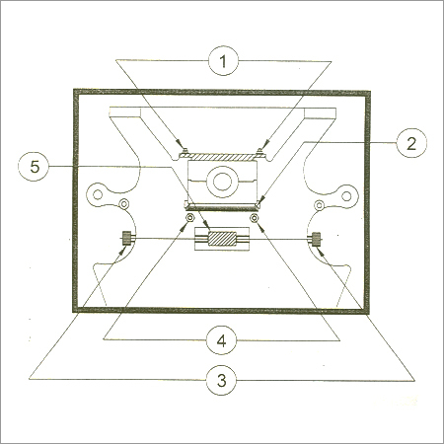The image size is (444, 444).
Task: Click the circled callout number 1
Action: pyautogui.click(x=223, y=61)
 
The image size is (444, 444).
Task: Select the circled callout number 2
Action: pyautogui.click(x=411, y=143)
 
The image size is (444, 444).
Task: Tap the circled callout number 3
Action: pyautogui.click(x=222, y=380)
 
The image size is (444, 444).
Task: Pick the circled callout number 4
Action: pyautogui.click(x=222, y=340)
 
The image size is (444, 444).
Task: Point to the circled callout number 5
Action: pyautogui.click(x=35, y=167)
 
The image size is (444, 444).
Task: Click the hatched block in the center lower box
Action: pyautogui.click(x=222, y=239)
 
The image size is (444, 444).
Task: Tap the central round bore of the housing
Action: pyautogui.click(x=222, y=182)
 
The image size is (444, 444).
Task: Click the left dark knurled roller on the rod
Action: pyautogui.click(x=126, y=238)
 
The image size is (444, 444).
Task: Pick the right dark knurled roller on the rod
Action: pyautogui.click(x=316, y=239)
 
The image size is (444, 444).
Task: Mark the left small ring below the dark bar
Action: pyautogui.click(x=189, y=217)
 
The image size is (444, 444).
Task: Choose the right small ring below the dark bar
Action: pyautogui.click(x=255, y=217)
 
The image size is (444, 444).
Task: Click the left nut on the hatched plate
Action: pyautogui.click(x=185, y=152)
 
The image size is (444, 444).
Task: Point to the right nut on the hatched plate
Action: pyautogui.click(x=260, y=152)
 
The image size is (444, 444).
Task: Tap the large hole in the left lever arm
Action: pyautogui.click(x=98, y=195)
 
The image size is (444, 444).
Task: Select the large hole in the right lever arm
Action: pyautogui.click(x=346, y=196)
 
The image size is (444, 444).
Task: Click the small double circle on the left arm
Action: pyautogui.click(x=124, y=204)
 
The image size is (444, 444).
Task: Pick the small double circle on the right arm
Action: pyautogui.click(x=319, y=205)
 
